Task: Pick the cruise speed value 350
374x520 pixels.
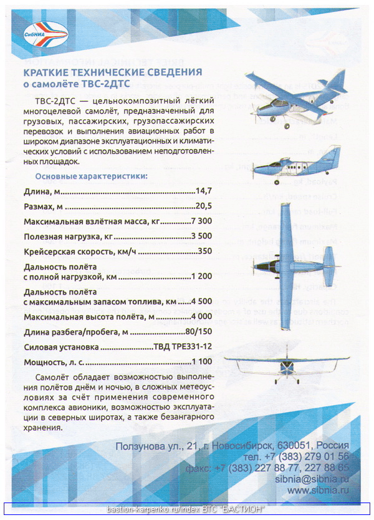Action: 205,252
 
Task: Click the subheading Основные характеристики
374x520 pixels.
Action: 91,176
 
